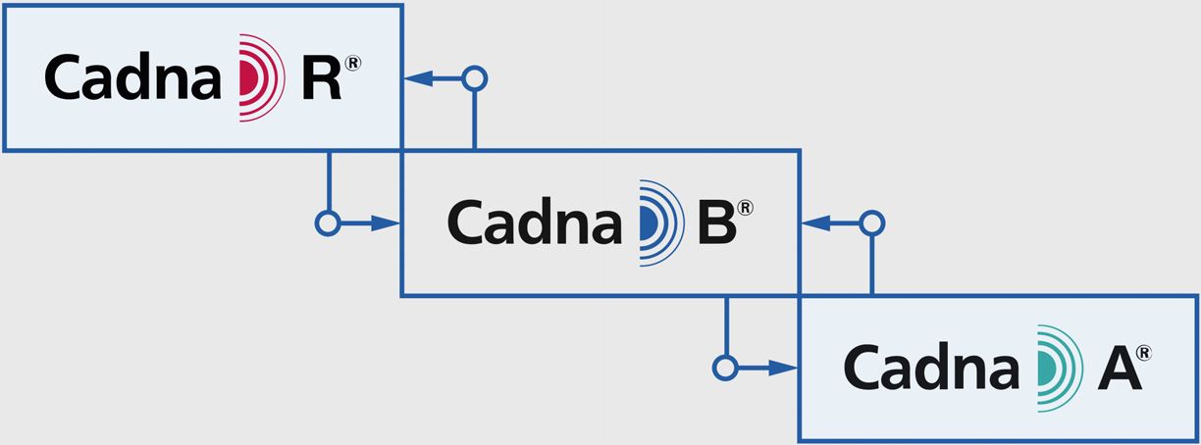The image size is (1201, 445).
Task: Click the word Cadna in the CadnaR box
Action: pyautogui.click(x=133, y=76)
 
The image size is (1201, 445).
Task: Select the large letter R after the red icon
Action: pyautogui.click(x=322, y=78)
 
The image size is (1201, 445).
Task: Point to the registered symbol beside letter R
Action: pyautogui.click(x=353, y=63)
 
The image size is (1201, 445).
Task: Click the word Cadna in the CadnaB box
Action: pyautogui.click(x=535, y=222)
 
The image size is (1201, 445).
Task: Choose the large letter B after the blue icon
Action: pyautogui.click(x=717, y=222)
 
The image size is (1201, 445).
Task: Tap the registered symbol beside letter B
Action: pyautogui.click(x=746, y=208)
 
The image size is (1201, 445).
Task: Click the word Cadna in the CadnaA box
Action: pyautogui.click(x=931, y=368)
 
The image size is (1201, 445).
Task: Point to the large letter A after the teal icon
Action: pyautogui.click(x=1120, y=369)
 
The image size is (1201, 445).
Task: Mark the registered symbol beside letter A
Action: pyautogui.click(x=1144, y=354)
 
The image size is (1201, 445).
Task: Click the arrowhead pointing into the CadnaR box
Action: pyautogui.click(x=418, y=78)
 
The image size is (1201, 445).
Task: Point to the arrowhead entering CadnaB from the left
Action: pyautogui.click(x=386, y=223)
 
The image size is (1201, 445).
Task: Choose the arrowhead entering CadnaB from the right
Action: pyautogui.click(x=816, y=223)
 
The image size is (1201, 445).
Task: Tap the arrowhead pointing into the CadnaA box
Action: pyautogui.click(x=783, y=368)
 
